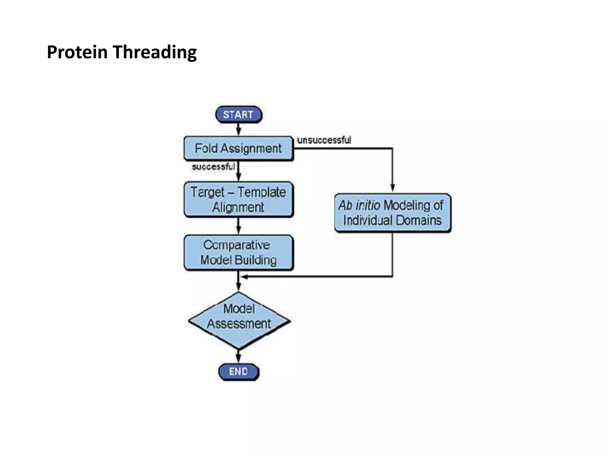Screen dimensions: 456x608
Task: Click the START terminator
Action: (x=238, y=115)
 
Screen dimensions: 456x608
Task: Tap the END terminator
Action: (x=238, y=372)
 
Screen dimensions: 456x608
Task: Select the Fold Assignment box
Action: (x=238, y=148)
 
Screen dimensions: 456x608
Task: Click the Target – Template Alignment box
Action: (x=238, y=199)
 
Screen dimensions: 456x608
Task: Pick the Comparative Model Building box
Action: (x=238, y=253)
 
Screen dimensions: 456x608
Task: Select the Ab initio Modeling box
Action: (x=392, y=213)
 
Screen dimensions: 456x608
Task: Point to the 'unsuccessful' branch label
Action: (x=324, y=140)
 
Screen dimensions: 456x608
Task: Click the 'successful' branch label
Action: (x=213, y=167)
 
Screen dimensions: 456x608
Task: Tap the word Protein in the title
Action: (x=77, y=52)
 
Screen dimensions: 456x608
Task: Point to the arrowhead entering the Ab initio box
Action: (x=392, y=188)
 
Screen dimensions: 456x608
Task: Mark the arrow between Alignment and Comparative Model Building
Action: (x=238, y=226)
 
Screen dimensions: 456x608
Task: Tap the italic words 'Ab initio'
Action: (x=359, y=205)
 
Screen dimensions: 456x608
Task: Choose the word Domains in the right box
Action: (x=419, y=221)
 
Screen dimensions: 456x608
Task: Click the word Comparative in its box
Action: (x=237, y=245)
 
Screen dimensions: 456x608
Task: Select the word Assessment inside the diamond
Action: (x=239, y=324)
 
